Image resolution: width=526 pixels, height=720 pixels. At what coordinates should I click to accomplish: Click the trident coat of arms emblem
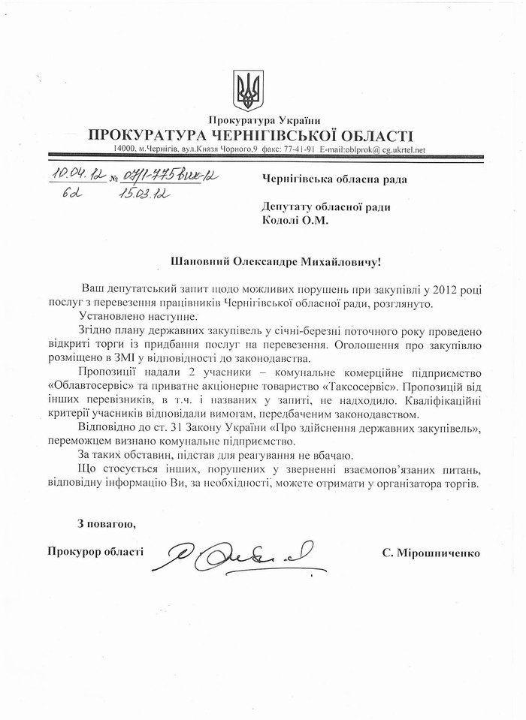click(245, 89)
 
